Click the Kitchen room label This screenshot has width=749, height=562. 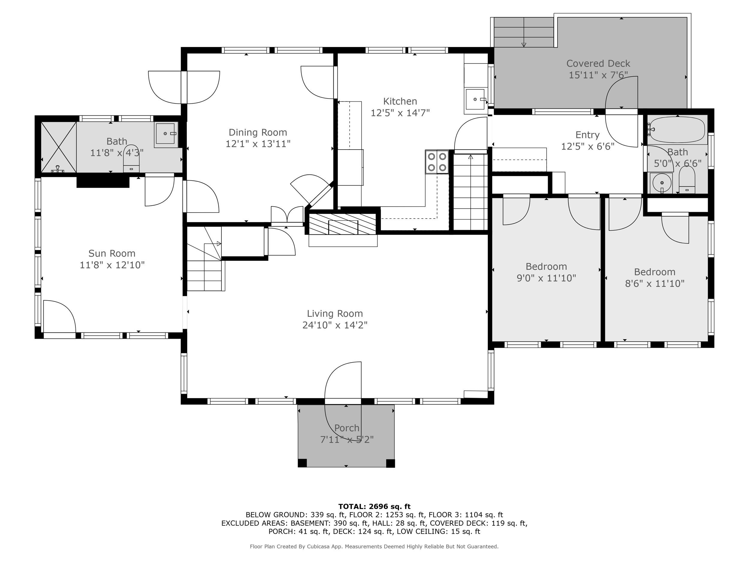tap(400, 101)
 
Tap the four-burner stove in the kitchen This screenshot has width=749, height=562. tap(437, 162)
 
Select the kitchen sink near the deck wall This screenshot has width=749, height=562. tap(476, 99)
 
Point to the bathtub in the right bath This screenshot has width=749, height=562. tap(677, 129)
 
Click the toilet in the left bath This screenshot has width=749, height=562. tap(131, 159)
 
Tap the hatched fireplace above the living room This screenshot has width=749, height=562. tap(343, 224)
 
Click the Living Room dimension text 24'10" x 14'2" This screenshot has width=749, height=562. tap(335, 325)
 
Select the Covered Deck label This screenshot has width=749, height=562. tap(598, 64)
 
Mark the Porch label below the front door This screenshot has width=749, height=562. tap(346, 428)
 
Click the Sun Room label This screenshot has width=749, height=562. tap(112, 253)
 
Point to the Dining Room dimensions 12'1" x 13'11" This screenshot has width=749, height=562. tap(258, 144)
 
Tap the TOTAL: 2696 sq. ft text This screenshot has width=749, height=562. tap(374, 507)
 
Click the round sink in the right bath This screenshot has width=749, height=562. tap(661, 183)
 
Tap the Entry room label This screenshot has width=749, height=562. tap(587, 135)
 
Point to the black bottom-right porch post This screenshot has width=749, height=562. tap(390, 463)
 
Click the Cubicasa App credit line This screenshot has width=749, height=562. tap(374, 546)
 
